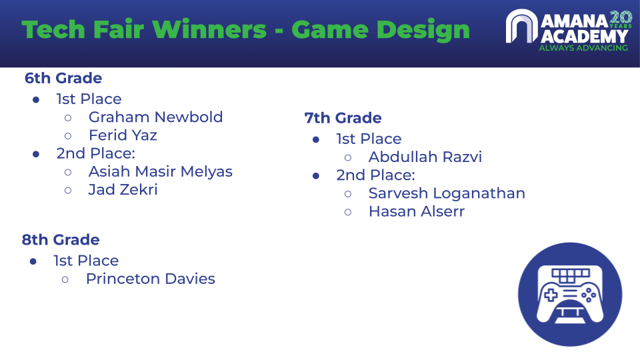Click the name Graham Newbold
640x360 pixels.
pos(155,117)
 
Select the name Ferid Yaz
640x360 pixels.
pos(123,135)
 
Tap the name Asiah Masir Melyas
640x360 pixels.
pos(161,172)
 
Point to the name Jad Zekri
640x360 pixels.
pos(123,190)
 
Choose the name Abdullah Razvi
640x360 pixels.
pos(425,157)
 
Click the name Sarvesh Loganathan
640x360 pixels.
pos(447,193)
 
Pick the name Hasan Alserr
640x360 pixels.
pos(416,211)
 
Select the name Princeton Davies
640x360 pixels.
pos(150,279)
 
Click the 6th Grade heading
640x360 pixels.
pos(63,78)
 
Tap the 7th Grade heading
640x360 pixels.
pos(343,118)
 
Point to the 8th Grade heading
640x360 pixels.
pos(61,239)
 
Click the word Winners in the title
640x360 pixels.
pos(209,30)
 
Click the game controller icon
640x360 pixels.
pos(570,294)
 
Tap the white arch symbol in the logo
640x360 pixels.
pos(521,26)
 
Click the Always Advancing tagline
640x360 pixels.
pos(583,48)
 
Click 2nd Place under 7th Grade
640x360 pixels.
pos(375,175)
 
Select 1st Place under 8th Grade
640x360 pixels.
pos(86,261)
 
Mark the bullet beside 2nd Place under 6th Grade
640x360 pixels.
pos(36,154)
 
